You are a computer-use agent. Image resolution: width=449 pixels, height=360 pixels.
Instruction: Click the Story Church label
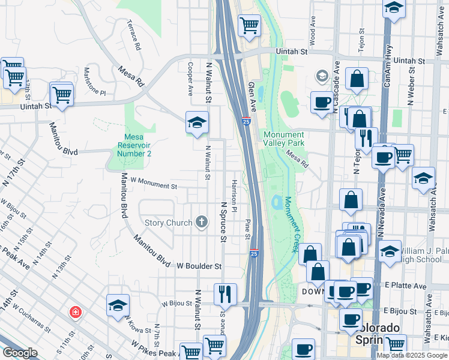pyautogui.click(x=169, y=223)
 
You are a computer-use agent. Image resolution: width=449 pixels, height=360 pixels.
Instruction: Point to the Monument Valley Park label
pyautogui.click(x=283, y=139)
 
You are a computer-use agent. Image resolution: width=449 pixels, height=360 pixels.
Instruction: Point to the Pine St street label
pyautogui.click(x=247, y=229)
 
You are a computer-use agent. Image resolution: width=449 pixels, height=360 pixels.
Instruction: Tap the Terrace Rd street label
pyautogui.click(x=134, y=35)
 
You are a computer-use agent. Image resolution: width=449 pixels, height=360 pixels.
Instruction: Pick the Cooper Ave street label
pyautogui.click(x=190, y=79)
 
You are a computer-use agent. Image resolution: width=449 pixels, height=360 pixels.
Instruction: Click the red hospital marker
pyautogui.click(x=75, y=312)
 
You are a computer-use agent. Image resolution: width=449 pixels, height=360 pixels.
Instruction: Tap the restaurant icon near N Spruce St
pyautogui.click(x=225, y=293)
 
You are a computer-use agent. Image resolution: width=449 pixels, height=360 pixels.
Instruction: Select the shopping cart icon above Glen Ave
pyautogui.click(x=249, y=25)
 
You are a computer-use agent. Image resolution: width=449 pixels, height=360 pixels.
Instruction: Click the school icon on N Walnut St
pyautogui.click(x=197, y=122)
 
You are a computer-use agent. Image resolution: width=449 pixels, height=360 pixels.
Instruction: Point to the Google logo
pyautogui.click(x=20, y=353)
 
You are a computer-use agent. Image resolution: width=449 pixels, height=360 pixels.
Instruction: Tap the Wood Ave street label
pyautogui.click(x=313, y=34)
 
